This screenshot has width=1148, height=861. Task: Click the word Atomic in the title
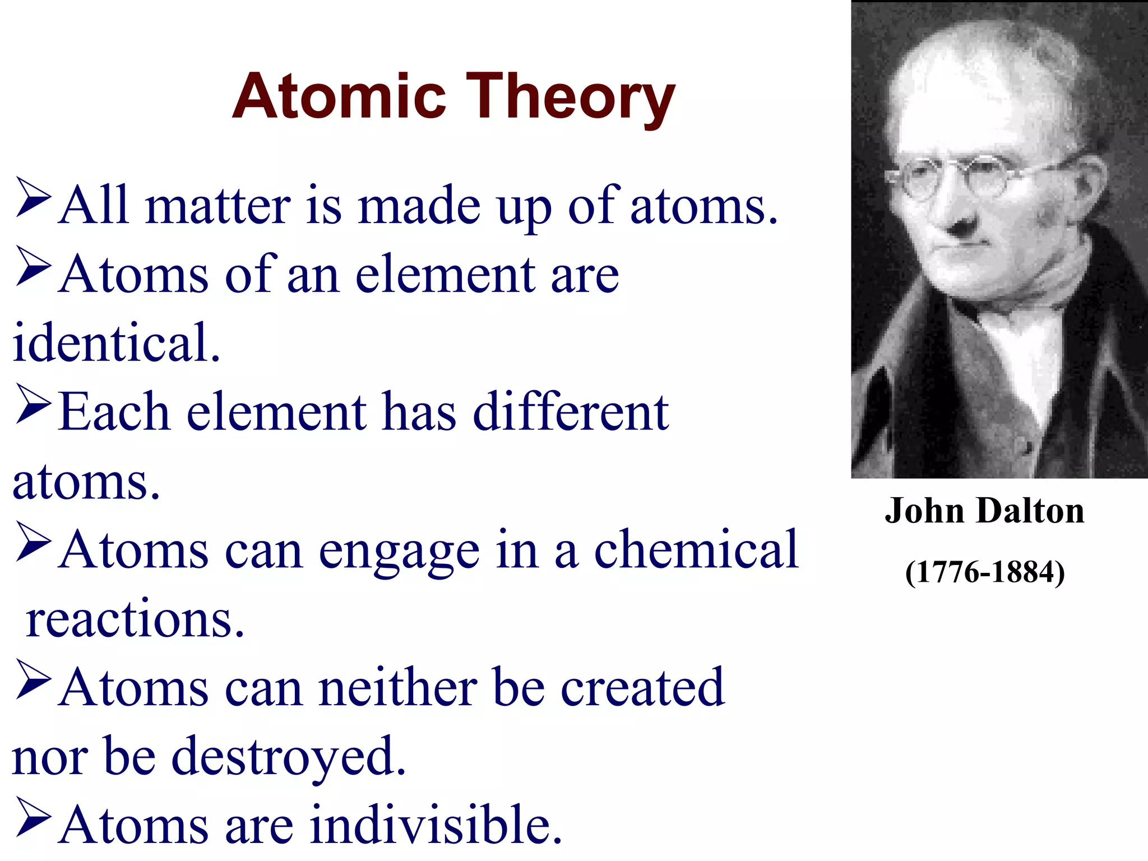[339, 96]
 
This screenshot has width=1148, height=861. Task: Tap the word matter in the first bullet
[217, 206]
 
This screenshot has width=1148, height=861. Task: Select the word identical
[116, 343]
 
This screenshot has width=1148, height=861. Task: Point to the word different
[571, 412]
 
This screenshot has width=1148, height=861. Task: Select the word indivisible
[436, 825]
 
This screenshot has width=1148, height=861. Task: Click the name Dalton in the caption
[1030, 511]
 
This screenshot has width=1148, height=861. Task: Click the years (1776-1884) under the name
[985, 572]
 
